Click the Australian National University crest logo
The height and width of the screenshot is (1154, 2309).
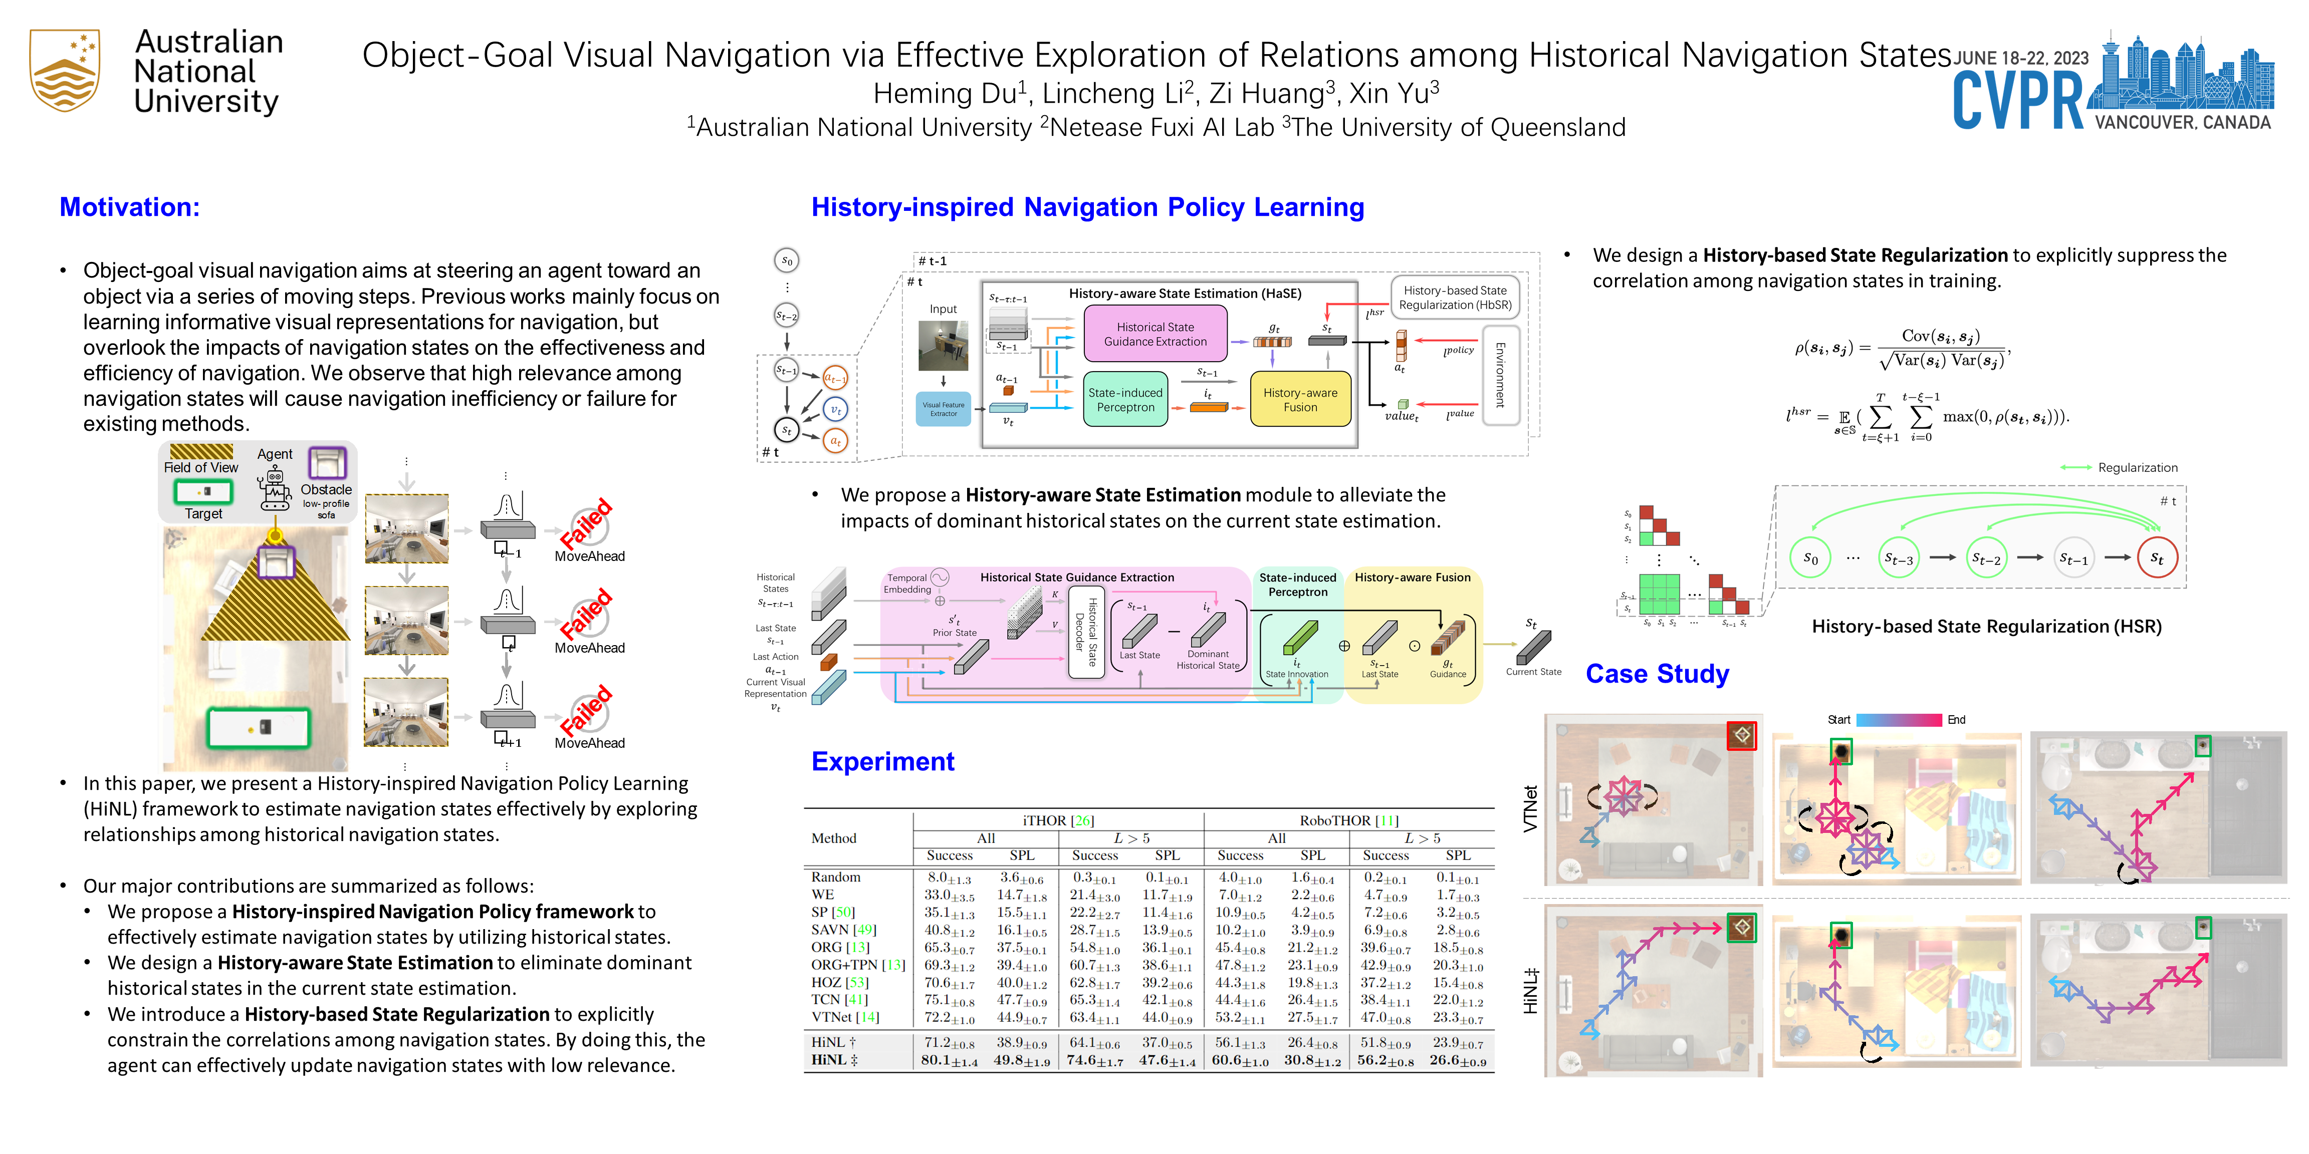[65, 70]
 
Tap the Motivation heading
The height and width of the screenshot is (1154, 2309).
[130, 207]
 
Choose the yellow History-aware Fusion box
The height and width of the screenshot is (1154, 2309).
[1300, 400]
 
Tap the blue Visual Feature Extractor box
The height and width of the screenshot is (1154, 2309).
[943, 409]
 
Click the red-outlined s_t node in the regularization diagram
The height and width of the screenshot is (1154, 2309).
[2157, 558]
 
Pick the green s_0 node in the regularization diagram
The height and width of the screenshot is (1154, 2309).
[1810, 558]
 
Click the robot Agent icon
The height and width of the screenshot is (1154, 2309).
[274, 488]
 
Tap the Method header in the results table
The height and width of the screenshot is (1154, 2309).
[834, 838]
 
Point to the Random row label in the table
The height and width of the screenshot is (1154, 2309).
[835, 877]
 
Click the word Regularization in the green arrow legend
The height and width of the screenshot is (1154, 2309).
[2137, 468]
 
